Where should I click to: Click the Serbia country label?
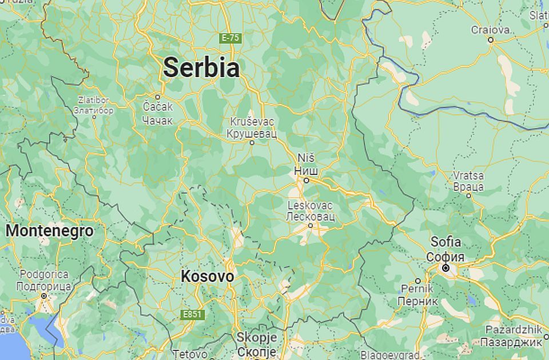click(x=201, y=68)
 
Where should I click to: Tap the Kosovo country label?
click(x=207, y=277)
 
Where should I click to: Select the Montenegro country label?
click(x=49, y=231)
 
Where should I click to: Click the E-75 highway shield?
click(x=231, y=38)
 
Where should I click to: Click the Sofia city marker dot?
click(x=445, y=267)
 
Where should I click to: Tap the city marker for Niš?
click(x=307, y=180)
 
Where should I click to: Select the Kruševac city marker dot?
click(x=252, y=142)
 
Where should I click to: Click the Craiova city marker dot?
click(x=491, y=39)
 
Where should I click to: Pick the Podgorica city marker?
click(x=43, y=295)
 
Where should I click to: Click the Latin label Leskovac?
click(x=310, y=206)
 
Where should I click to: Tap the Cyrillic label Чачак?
click(x=157, y=119)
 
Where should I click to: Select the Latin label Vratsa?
click(x=468, y=175)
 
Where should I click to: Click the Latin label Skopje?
click(x=256, y=337)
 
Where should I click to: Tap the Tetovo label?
click(x=189, y=354)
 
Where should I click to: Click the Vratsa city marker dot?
click(x=469, y=195)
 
